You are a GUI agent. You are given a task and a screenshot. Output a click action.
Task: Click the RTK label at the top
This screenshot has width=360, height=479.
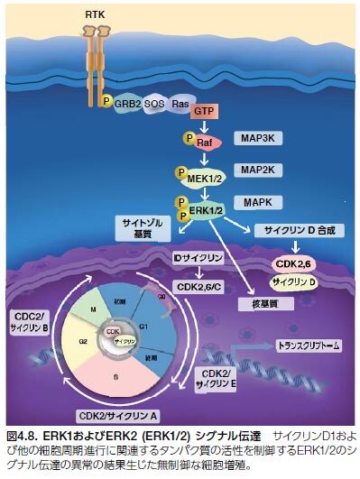[x=94, y=16]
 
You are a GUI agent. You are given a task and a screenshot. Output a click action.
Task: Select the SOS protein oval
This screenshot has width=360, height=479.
[x=156, y=104]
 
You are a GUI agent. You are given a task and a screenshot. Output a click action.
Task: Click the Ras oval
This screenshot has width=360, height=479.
[x=180, y=104]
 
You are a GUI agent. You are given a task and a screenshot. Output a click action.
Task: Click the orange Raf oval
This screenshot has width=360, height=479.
[x=204, y=141]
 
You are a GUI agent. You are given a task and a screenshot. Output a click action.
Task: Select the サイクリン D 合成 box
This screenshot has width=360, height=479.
[x=301, y=231]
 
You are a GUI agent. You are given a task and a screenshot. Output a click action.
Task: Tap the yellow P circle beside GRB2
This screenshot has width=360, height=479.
[x=107, y=102]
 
